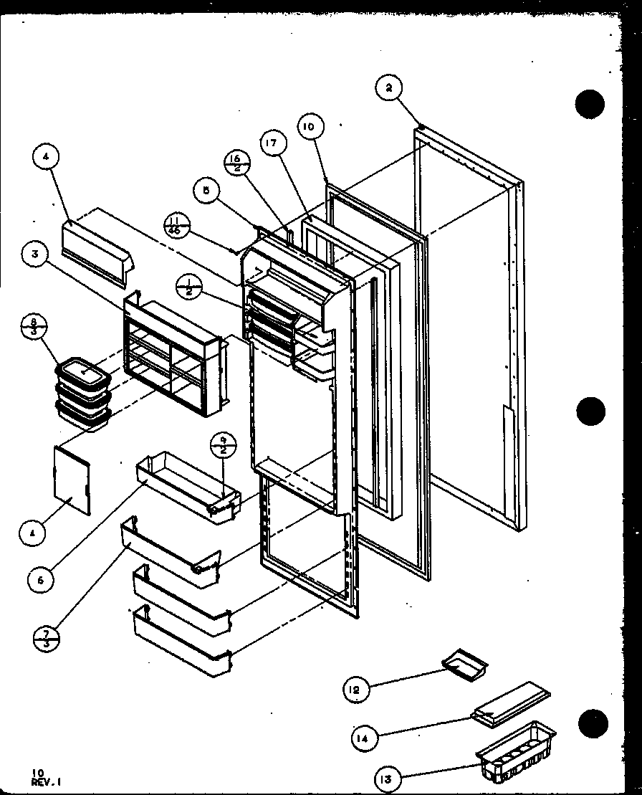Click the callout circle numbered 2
(x=389, y=90)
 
